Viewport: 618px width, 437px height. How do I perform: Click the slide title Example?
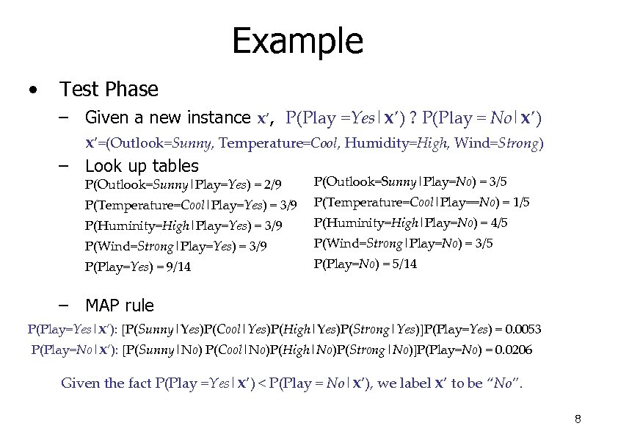297,42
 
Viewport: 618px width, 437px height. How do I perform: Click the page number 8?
578,419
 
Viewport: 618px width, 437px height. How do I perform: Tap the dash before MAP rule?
65,305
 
